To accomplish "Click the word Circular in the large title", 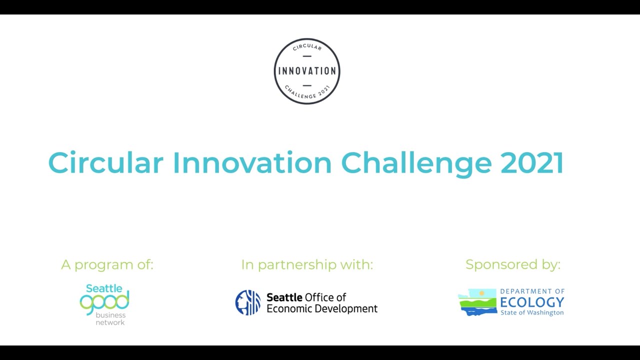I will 105,163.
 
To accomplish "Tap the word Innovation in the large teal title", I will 252,163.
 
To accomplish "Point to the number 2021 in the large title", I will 531,163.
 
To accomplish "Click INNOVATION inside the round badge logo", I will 307,71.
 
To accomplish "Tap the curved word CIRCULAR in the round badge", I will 307,47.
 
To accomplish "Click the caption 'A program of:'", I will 107,265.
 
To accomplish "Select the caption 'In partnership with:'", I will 307,265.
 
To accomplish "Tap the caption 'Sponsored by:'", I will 512,265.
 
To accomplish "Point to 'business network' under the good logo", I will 110,319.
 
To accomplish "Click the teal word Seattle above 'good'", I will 104,288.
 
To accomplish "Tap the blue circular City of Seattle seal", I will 248,302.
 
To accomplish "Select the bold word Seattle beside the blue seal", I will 284,297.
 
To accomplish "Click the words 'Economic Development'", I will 322,308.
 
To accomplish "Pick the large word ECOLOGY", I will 532,302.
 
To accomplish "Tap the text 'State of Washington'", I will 532,313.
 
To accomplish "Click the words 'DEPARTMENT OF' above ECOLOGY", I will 532,291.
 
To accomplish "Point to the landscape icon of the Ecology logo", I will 477,302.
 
